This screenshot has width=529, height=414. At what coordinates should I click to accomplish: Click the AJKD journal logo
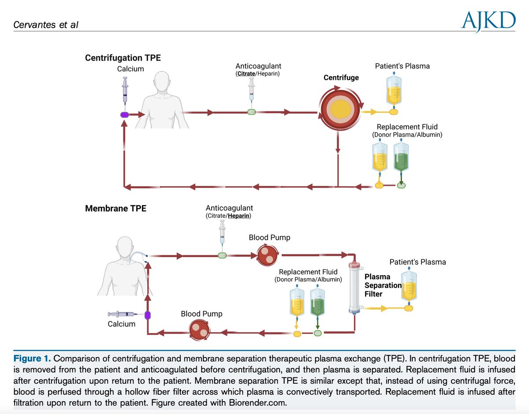(488, 22)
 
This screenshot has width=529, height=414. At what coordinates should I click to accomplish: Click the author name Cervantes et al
(46, 25)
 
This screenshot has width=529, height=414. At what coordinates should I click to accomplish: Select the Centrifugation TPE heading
(123, 58)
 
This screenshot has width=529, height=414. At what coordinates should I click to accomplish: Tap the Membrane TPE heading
(115, 208)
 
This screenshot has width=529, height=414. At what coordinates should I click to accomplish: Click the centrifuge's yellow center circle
(340, 109)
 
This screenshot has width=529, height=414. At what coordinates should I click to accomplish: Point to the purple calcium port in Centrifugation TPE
(125, 115)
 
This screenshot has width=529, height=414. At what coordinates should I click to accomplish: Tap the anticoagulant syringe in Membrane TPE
(222, 236)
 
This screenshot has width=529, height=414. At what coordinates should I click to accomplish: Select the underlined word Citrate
(246, 74)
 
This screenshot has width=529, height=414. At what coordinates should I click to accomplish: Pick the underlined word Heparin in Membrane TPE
(238, 216)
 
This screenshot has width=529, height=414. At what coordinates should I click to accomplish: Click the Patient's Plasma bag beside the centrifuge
(394, 90)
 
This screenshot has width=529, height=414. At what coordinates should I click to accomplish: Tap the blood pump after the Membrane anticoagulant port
(267, 255)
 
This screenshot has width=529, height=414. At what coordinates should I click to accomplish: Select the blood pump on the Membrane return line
(199, 330)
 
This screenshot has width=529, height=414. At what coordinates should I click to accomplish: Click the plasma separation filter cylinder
(354, 288)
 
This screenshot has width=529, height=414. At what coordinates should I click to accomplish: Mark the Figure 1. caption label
(32, 359)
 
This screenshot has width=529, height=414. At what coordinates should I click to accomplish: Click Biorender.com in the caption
(257, 403)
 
